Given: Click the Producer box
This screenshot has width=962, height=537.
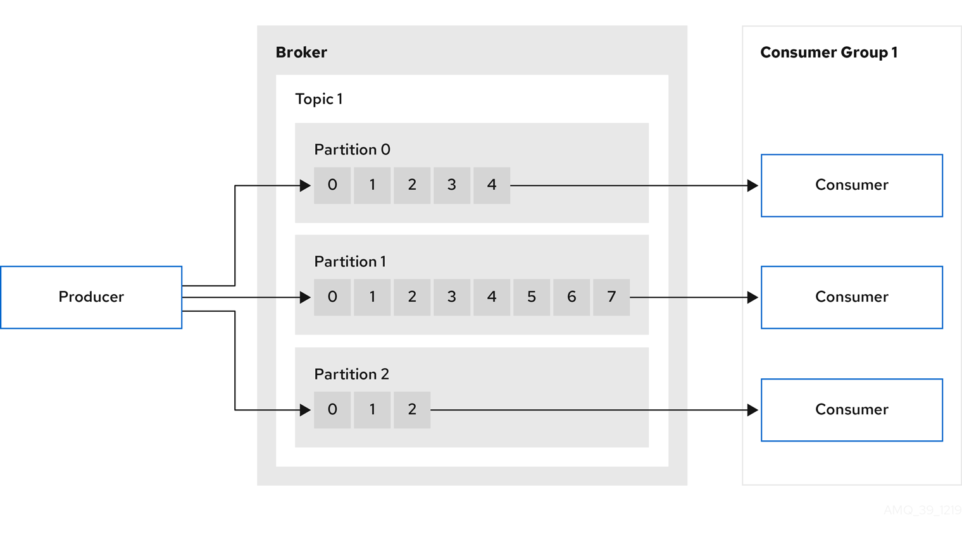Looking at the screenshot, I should click(91, 297).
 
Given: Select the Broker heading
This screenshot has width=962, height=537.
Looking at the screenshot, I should click(301, 52).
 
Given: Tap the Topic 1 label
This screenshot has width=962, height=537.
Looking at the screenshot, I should click(318, 99).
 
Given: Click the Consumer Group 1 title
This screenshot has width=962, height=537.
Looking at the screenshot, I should click(828, 52).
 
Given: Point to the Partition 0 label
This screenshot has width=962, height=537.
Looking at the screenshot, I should click(352, 150).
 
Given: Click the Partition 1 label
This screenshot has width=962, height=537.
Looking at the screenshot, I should click(350, 262).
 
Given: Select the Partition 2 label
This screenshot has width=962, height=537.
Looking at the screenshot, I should click(351, 374).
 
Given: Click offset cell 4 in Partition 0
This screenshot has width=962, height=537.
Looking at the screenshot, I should click(492, 185).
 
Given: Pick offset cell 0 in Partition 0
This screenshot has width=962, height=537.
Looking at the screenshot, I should click(332, 185).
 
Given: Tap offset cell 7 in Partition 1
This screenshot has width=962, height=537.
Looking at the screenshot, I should click(611, 297).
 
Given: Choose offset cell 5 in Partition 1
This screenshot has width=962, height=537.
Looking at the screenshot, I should click(532, 297).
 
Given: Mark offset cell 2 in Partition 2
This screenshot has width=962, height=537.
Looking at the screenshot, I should click(412, 410).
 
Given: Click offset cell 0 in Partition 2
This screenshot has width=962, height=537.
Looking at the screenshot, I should click(332, 410).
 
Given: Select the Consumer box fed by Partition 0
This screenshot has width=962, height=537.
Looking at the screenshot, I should click(851, 185).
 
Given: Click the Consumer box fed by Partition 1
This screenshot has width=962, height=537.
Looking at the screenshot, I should click(851, 297).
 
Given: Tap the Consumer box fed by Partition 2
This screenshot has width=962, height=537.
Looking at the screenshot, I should click(851, 410).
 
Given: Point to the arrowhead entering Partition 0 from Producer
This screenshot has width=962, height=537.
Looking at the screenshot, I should click(305, 186).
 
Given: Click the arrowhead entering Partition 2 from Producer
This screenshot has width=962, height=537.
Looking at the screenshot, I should click(305, 410).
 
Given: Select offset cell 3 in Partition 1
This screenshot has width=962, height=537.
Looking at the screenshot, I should click(452, 297).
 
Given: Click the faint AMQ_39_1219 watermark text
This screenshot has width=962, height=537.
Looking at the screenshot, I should click(922, 510).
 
